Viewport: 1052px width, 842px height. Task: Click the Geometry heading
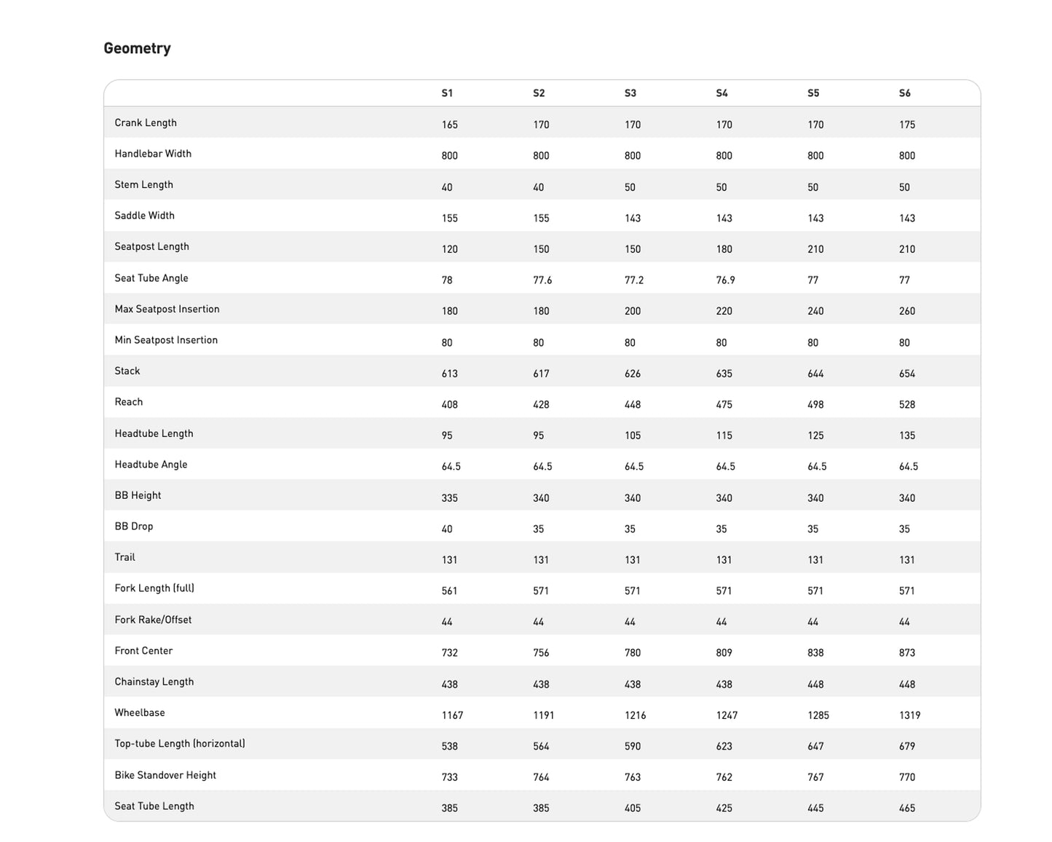[137, 49]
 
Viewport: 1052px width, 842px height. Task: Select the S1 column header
[447, 93]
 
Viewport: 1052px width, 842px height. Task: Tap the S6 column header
[904, 93]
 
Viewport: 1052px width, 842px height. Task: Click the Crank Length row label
[146, 123]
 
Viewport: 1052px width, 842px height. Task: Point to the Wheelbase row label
[140, 713]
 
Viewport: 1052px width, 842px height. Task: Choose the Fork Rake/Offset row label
[153, 620]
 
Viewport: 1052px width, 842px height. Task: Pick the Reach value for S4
[724, 405]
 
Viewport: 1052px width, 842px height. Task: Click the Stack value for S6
[906, 374]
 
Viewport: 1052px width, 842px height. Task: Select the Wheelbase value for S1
[452, 715]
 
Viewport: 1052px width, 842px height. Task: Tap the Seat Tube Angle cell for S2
[542, 280]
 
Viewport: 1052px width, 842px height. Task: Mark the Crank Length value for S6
[906, 125]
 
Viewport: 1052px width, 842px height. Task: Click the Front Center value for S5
[815, 653]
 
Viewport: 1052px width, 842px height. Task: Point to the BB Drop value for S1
[447, 530]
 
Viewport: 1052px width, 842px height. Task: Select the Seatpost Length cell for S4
[724, 249]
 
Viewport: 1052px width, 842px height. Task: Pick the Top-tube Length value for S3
[633, 747]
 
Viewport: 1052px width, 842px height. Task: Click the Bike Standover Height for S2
[541, 777]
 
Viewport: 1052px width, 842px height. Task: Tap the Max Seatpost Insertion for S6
[906, 311]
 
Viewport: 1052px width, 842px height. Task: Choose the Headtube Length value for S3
[633, 436]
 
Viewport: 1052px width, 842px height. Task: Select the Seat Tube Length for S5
[815, 808]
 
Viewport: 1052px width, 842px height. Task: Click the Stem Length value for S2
[538, 187]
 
